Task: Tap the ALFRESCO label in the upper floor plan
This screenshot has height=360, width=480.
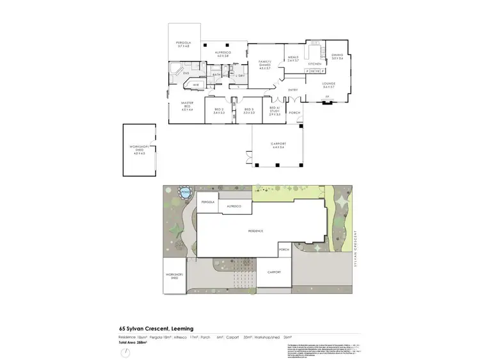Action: (223, 54)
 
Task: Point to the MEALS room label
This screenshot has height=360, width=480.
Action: (294, 58)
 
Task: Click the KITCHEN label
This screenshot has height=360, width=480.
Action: (314, 64)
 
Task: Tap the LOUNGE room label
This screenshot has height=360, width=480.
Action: (329, 84)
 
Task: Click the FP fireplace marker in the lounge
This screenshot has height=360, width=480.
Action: (327, 97)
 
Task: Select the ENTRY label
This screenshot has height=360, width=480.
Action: (293, 90)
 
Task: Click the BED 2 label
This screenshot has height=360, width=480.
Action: (218, 110)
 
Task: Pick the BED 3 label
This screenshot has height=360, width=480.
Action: (249, 110)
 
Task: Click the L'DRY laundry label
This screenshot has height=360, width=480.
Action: (240, 76)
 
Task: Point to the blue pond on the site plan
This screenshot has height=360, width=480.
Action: (186, 192)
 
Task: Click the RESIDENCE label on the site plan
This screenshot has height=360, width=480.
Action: (256, 231)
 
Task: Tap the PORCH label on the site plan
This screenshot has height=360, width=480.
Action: (284, 249)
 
